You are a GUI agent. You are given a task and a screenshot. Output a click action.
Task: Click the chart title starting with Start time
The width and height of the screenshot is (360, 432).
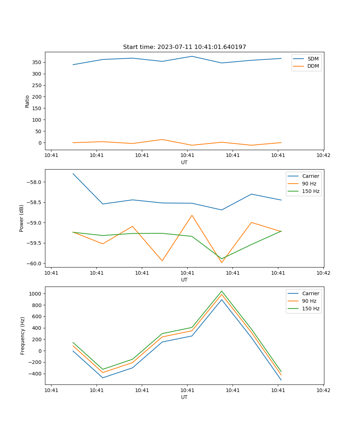pyautogui.click(x=184, y=47)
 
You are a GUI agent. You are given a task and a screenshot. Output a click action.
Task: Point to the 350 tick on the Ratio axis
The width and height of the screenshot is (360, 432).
pyautogui.click(x=37, y=62)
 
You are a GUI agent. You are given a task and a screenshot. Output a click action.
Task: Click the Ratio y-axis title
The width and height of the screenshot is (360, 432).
pyautogui.click(x=27, y=101)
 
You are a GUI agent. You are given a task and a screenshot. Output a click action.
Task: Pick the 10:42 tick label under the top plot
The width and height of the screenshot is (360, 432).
pyautogui.click(x=323, y=156)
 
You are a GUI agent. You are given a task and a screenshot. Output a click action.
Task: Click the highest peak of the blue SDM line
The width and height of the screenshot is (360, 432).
pyautogui.click(x=192, y=56)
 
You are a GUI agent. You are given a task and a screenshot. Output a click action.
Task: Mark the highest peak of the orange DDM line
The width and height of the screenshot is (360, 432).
pyautogui.click(x=162, y=139)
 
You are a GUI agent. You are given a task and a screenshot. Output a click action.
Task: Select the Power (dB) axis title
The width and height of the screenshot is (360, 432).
pyautogui.click(x=22, y=218)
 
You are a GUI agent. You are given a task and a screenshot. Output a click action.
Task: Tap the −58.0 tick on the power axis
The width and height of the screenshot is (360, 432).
pyautogui.click(x=35, y=182)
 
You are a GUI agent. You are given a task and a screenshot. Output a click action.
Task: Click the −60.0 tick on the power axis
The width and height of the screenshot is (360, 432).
pyautogui.click(x=35, y=263)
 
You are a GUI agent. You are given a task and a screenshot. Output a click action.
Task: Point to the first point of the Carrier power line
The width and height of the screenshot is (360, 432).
pyautogui.click(x=73, y=174)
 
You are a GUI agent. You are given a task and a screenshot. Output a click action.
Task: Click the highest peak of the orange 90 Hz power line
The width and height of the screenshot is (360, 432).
pyautogui.click(x=192, y=215)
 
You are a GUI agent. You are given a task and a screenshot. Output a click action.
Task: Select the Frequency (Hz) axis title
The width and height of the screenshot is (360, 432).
pyautogui.click(x=23, y=336)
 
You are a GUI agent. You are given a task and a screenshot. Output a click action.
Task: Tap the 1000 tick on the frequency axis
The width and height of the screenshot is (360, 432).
pyautogui.click(x=36, y=293)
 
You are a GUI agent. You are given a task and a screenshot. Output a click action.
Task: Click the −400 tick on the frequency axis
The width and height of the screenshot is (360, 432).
pyautogui.click(x=35, y=374)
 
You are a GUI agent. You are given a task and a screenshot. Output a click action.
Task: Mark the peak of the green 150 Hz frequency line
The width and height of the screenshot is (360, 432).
pyautogui.click(x=222, y=291)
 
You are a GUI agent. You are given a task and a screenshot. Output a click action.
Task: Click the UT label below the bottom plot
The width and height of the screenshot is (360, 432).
pyautogui.click(x=184, y=397)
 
